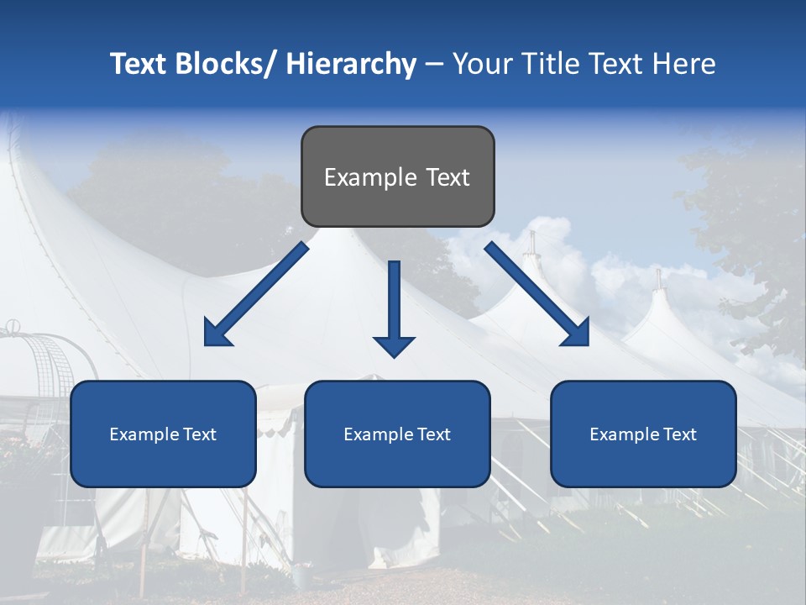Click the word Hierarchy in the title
coord(351,64)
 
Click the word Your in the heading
coord(480,64)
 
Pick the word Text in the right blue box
coord(678,434)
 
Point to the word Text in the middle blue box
coord(432,434)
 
